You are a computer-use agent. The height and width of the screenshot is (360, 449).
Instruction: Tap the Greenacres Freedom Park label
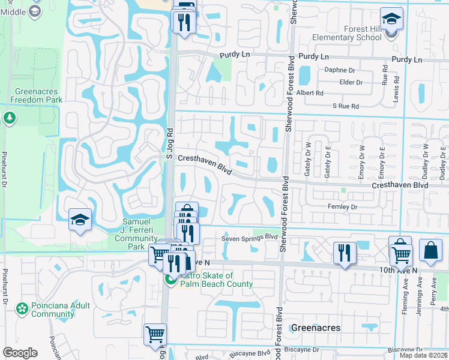(35, 96)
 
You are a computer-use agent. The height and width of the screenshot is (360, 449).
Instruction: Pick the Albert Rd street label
(310, 93)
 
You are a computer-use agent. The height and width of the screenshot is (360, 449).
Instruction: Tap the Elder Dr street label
(351, 82)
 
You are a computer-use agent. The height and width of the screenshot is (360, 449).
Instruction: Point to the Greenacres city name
(316, 328)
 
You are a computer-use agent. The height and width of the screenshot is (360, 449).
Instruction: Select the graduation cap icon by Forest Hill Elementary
(391, 19)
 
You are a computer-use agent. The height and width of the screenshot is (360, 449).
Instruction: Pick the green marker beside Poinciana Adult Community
(22, 309)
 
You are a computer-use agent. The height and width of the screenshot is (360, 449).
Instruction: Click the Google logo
(20, 353)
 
